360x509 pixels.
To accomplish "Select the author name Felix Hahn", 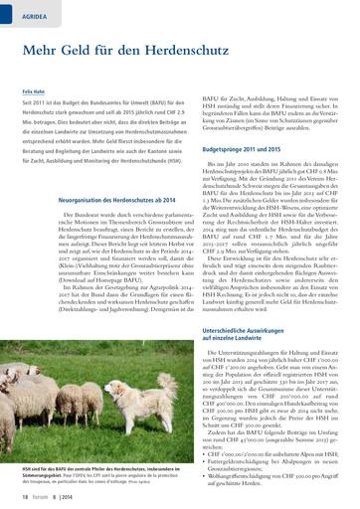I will pos(32,89).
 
